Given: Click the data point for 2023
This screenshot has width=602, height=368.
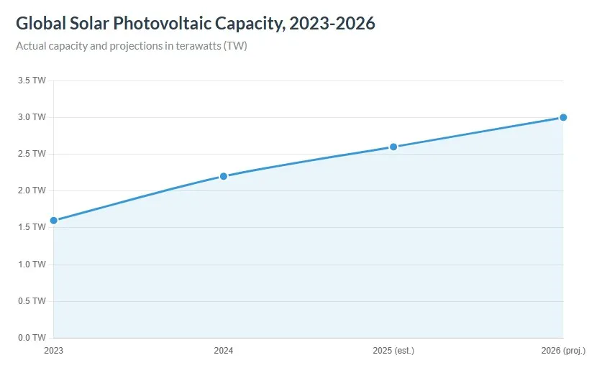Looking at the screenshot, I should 53,220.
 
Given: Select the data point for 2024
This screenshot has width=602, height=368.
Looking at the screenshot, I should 223,176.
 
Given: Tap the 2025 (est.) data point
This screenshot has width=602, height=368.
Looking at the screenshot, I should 393,147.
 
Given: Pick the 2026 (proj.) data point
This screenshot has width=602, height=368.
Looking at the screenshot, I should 563,117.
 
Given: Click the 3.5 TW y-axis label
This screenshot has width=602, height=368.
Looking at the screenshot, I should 32,80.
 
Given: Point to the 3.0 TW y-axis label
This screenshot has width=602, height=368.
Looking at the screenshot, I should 32,117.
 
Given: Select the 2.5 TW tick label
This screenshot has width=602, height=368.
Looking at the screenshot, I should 32,154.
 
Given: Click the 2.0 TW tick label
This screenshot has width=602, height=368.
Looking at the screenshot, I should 32,190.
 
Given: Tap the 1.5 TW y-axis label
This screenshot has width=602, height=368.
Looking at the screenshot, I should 32,227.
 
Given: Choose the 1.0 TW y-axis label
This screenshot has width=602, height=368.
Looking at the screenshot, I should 32,264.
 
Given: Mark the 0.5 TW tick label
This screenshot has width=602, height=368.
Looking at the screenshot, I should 32,301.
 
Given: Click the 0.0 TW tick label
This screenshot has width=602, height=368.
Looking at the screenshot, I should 32,338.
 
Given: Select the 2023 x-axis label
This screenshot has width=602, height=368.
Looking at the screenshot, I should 53,351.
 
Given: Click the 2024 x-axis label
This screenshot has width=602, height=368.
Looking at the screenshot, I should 223,351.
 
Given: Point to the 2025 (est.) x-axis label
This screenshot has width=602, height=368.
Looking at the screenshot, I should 393,351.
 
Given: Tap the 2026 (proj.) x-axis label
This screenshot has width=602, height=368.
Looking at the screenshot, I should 563,351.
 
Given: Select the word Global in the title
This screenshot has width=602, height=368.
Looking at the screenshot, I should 41,23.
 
